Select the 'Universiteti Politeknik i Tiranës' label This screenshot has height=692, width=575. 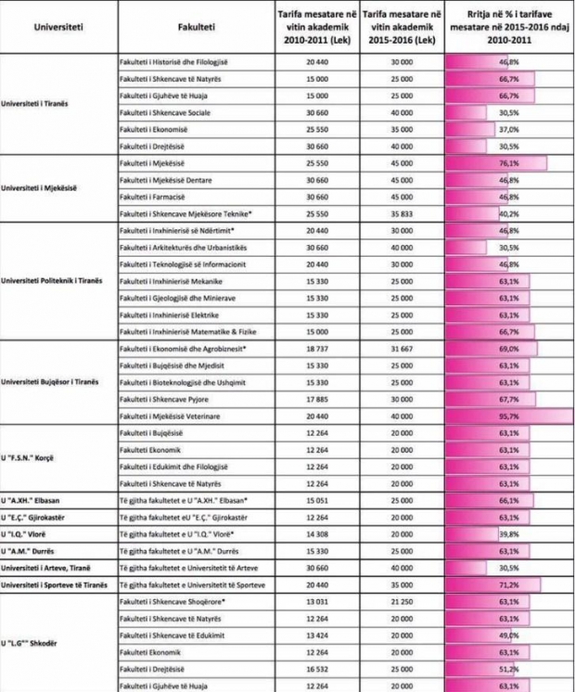[x=57, y=281]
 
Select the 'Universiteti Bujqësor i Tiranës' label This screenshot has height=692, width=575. [x=56, y=382]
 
